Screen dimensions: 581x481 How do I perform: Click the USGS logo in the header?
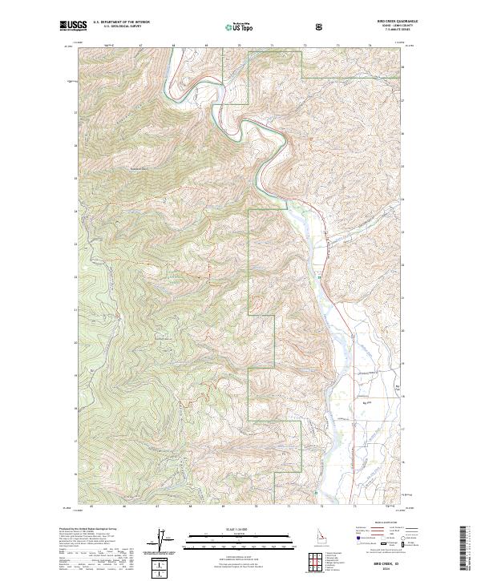click(x=74, y=26)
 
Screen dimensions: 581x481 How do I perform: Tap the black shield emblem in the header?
click(x=319, y=26)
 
